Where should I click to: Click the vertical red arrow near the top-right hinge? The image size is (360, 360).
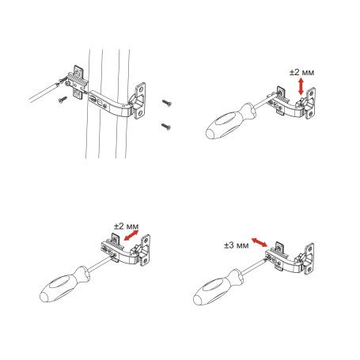pos(299,85)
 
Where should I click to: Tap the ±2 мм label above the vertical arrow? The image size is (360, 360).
pos(302,72)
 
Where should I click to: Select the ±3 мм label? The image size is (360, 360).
pos(236,246)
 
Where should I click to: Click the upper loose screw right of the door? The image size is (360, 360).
pos(167,102)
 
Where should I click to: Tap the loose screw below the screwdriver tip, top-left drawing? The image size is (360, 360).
pos(62,100)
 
